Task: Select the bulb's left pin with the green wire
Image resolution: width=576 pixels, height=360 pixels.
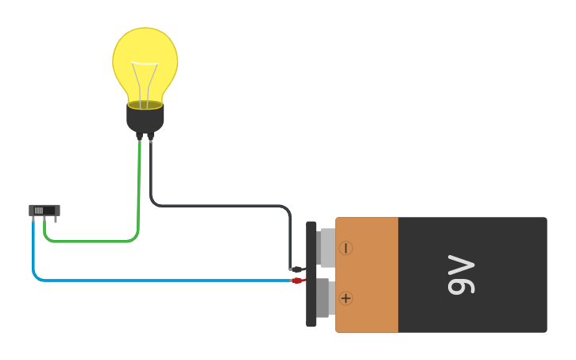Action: (140, 137)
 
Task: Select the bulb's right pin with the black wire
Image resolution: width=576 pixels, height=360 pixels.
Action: (150, 137)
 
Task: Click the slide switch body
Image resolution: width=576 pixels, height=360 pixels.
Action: (44, 210)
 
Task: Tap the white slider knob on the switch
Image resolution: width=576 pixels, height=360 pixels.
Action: (39, 210)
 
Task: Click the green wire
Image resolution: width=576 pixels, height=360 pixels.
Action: (95, 241)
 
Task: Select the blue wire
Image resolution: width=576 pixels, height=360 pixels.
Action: (159, 280)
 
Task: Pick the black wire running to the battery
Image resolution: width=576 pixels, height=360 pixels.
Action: (222, 206)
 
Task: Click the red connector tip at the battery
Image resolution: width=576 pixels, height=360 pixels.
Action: (297, 281)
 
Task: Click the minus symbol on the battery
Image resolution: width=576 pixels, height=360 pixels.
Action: (346, 248)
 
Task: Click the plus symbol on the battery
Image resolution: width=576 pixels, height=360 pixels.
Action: (346, 298)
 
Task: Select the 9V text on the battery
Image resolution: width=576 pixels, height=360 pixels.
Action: (461, 275)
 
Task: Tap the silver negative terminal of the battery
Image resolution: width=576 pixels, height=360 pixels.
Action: (327, 248)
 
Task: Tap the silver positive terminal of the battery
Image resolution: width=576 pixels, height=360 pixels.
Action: (323, 298)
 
